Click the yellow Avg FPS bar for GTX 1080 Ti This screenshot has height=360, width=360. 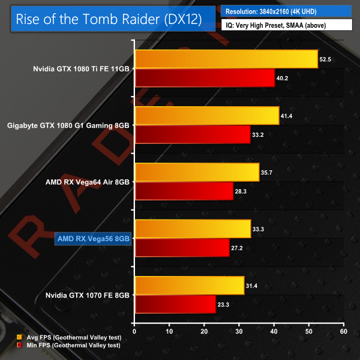point(226,59)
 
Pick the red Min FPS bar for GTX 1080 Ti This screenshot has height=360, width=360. point(205,77)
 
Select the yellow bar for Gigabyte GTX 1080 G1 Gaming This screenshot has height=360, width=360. point(207,116)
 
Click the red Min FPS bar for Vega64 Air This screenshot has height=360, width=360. point(184,190)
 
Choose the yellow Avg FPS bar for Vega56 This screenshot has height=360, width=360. point(193,229)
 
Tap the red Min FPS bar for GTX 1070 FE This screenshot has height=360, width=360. point(175,304)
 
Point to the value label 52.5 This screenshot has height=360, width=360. point(326,59)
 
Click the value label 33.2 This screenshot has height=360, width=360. point(259,134)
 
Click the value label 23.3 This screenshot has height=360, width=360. point(224,304)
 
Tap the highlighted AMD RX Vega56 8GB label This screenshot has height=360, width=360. point(92,238)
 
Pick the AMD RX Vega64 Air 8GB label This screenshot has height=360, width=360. point(87,182)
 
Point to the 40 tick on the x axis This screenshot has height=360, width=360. point(274,331)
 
